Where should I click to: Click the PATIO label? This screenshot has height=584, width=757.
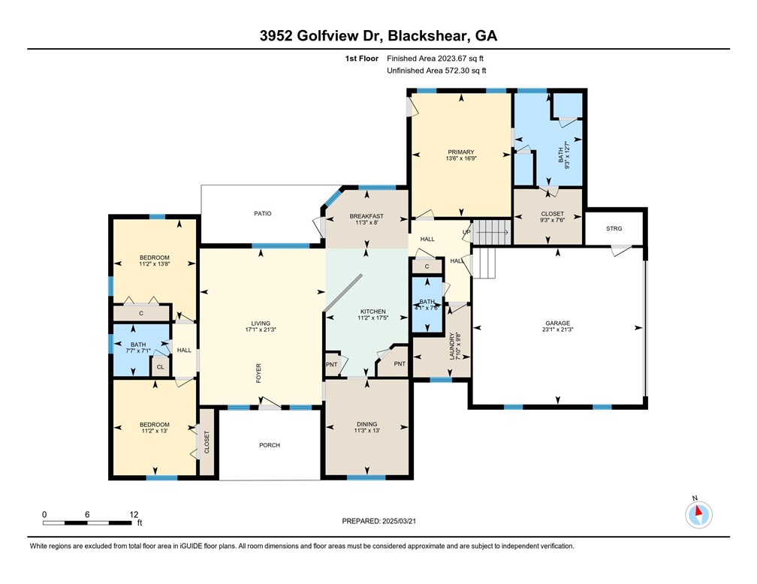point(261,214)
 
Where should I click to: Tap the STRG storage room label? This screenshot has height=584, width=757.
point(614,228)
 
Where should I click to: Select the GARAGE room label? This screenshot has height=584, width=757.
point(557,324)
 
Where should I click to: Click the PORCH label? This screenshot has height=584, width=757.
point(269,445)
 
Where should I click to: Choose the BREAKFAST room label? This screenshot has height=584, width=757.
point(366,216)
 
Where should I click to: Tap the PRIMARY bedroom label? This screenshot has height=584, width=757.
point(460,152)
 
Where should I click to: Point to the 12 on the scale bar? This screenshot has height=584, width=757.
point(134,515)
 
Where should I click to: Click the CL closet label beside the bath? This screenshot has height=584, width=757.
point(160,367)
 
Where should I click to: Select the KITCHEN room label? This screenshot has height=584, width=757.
point(373,312)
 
